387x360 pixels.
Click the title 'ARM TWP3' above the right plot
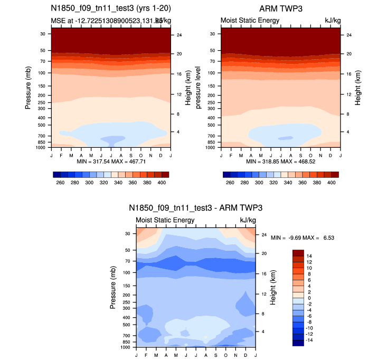[x=280, y=9]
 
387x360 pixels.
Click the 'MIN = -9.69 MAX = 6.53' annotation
[x=303, y=238]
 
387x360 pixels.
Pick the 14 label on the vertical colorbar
[x=309, y=255]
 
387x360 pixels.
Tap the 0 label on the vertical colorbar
[x=308, y=298]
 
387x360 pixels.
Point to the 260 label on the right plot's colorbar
[x=230, y=182]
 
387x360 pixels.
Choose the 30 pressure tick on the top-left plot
[x=42, y=33]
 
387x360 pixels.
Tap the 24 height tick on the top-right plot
[x=345, y=35]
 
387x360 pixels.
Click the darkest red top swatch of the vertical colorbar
[x=297, y=252]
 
